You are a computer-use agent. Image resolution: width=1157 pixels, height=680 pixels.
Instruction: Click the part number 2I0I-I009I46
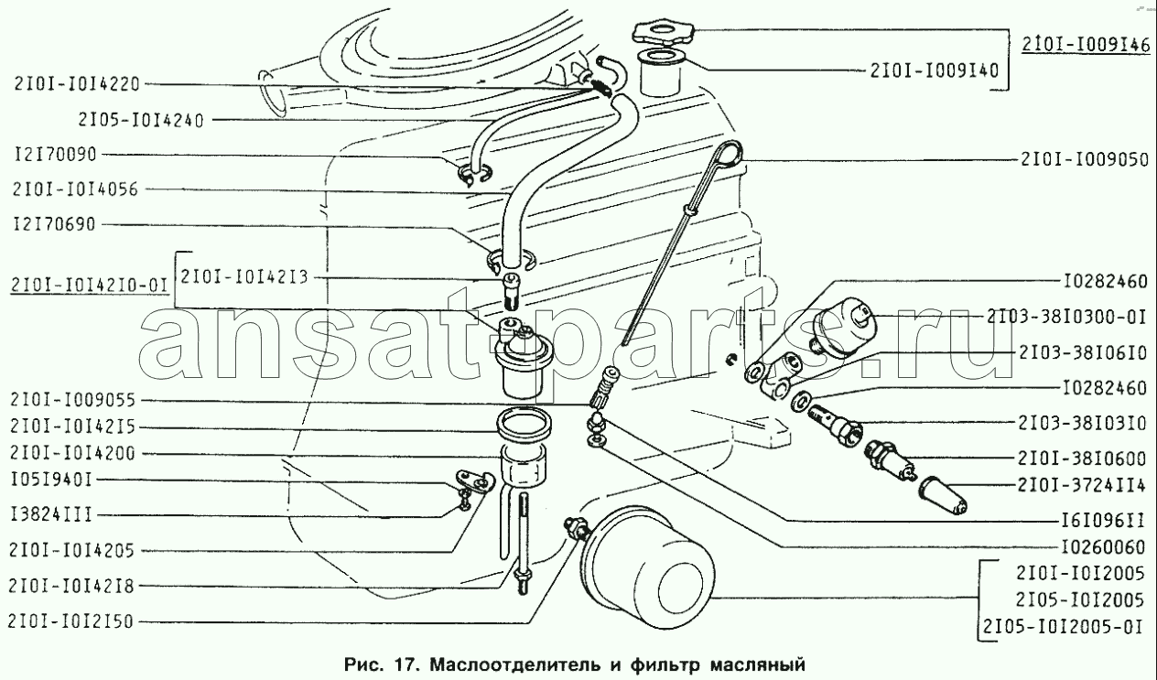point(1086,46)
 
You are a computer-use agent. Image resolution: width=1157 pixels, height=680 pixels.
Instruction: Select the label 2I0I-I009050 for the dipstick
point(1085,159)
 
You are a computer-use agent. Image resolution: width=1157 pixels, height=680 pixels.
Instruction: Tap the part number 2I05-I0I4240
point(141,120)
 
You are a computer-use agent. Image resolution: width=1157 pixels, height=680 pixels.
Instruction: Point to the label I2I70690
point(55,224)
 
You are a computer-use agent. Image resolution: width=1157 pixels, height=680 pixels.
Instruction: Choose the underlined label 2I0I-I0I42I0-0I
point(90,286)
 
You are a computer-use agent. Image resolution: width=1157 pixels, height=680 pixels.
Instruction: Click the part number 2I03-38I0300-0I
point(1067,317)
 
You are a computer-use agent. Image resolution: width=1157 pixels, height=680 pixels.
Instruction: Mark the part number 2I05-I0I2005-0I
point(1062,627)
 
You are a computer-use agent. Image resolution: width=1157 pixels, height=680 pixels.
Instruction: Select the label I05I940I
point(51,480)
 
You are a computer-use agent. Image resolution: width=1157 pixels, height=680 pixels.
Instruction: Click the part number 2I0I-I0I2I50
point(71,621)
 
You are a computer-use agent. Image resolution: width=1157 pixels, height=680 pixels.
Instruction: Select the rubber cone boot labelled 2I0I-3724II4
point(942,495)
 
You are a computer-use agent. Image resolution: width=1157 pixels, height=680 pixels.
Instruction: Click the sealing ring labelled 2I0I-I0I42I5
point(524,422)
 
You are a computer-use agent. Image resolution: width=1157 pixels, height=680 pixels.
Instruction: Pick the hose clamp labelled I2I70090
point(473,175)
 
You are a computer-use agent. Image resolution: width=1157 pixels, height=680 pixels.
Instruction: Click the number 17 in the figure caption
point(405,664)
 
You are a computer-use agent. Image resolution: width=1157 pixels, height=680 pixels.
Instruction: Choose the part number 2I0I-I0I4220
point(77,84)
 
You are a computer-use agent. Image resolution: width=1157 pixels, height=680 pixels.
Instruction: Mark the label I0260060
point(1104,546)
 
